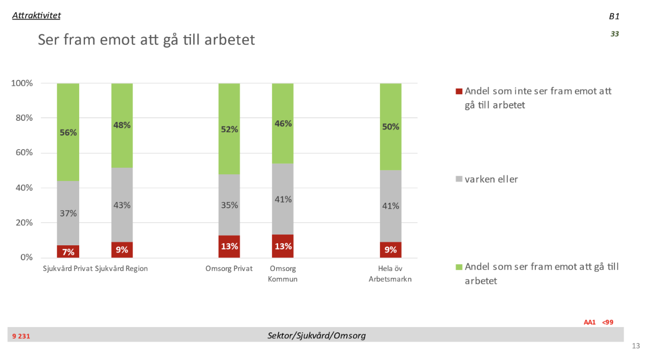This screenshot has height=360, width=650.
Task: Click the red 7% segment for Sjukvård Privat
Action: point(68,251)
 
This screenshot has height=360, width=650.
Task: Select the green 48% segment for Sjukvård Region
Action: point(122,125)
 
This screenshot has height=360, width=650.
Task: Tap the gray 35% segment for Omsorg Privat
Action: point(229,205)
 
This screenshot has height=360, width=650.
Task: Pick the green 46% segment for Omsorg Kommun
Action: point(283,123)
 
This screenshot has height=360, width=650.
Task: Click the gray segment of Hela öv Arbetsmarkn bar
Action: point(391,206)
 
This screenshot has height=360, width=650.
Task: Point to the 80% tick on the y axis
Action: point(22,118)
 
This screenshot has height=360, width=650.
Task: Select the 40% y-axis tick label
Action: point(22,188)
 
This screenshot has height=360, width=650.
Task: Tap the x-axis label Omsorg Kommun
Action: point(283,274)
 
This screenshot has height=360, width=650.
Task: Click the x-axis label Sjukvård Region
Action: point(122,268)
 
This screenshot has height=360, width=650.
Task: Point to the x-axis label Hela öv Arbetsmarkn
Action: point(390,274)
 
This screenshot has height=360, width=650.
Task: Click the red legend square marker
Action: point(459,92)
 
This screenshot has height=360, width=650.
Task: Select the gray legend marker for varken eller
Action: point(459,179)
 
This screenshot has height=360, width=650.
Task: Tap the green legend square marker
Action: point(459,267)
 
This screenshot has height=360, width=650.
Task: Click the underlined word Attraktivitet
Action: point(37,15)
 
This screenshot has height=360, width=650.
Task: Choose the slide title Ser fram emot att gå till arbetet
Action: point(147,40)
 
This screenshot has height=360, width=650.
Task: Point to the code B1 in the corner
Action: point(614,16)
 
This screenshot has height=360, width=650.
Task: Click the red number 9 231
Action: point(22,336)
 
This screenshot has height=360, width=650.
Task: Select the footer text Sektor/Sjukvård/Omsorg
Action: point(316,336)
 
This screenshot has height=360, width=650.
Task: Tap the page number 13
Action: point(636,346)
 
